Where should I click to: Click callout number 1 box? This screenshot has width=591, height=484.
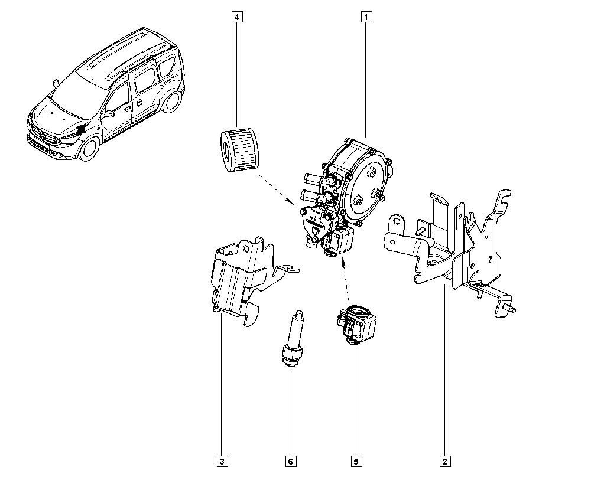click(x=366, y=17)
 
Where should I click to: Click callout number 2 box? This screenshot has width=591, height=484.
click(x=445, y=462)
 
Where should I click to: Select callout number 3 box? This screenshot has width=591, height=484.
click(x=222, y=462)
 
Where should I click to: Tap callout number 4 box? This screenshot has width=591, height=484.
click(x=237, y=17)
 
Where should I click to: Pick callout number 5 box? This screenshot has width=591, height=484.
click(x=356, y=462)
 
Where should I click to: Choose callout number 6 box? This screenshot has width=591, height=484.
click(x=290, y=462)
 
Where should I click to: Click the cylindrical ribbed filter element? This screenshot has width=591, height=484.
click(x=238, y=150)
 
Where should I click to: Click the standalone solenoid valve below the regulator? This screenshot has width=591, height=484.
click(x=356, y=323)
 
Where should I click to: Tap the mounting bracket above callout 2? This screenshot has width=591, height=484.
click(x=449, y=252)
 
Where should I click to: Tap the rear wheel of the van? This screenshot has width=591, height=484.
click(x=172, y=101)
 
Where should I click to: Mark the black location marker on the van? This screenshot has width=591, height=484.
click(x=80, y=129)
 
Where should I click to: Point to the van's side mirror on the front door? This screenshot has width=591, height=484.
click(x=109, y=113)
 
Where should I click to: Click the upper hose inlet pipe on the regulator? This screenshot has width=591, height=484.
click(x=312, y=178)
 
